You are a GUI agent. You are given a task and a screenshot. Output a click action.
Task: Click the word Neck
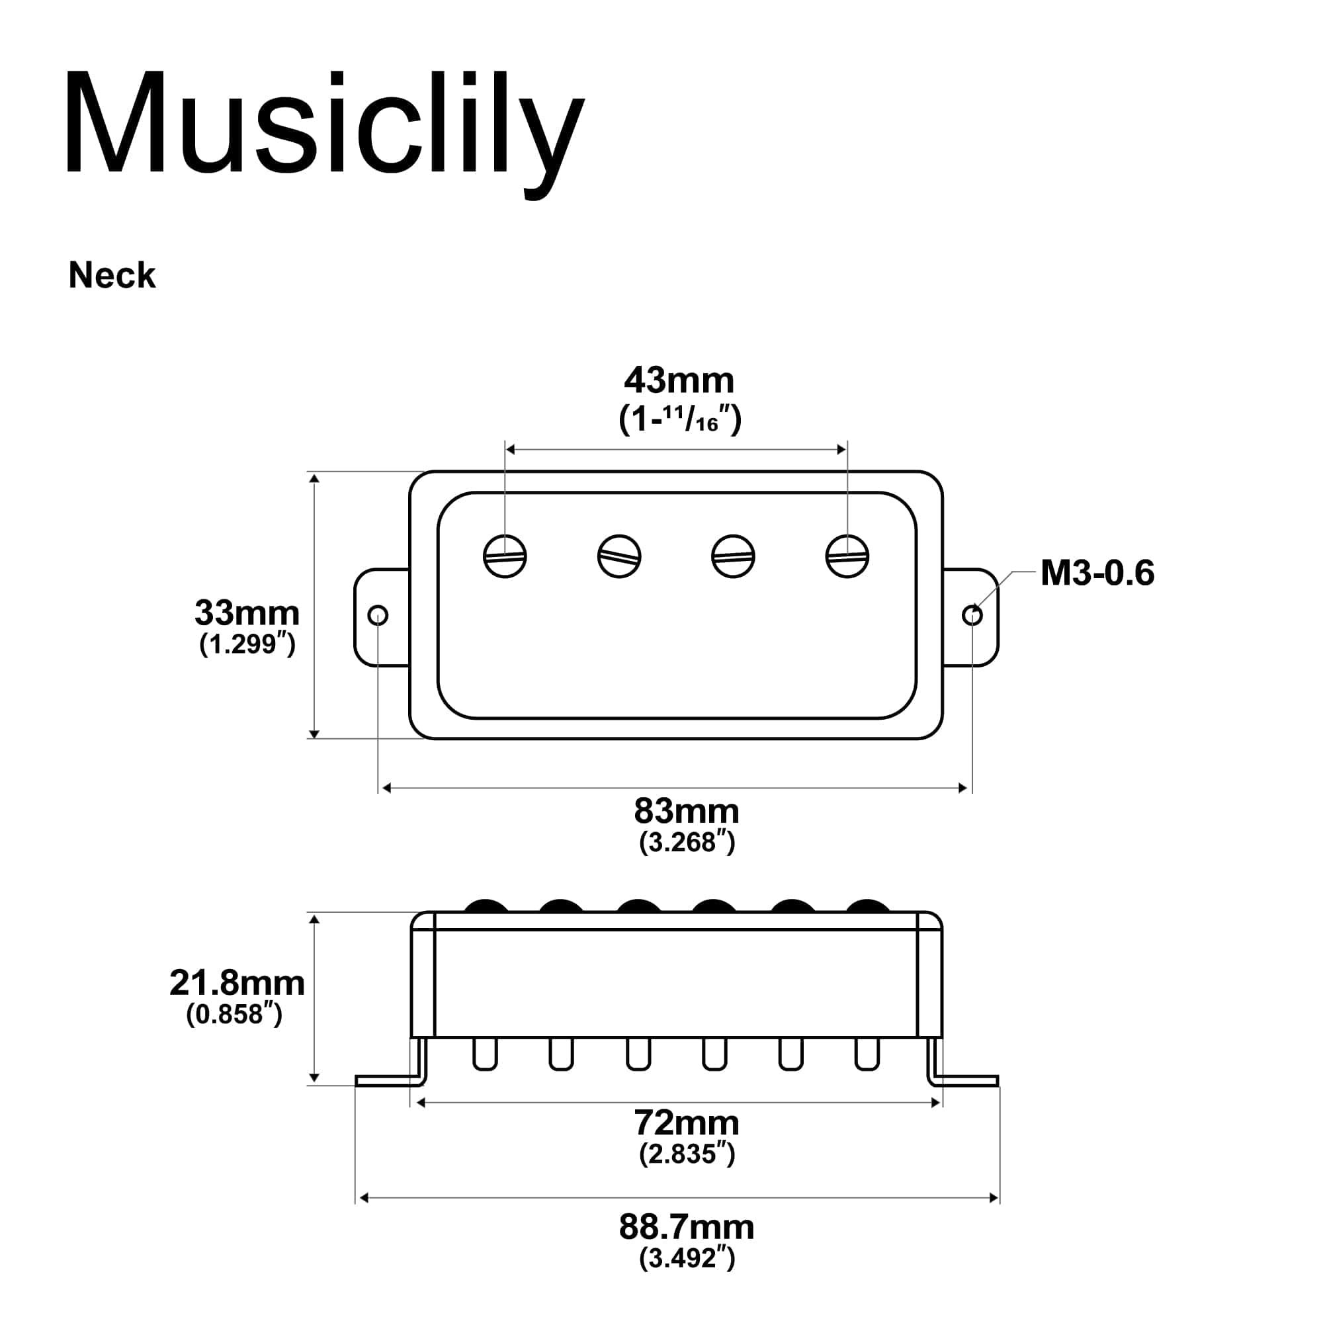(112, 276)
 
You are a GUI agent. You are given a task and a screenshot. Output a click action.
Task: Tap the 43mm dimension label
(679, 381)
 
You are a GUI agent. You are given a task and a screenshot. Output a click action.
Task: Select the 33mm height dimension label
(247, 613)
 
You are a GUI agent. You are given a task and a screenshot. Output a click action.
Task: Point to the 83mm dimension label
(686, 812)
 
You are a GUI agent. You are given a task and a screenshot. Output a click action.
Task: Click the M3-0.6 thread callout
(1096, 573)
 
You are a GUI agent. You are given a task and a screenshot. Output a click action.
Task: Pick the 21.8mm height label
(237, 984)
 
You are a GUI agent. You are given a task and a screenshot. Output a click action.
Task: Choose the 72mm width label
(686, 1123)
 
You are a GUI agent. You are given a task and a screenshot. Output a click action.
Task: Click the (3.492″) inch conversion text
(686, 1258)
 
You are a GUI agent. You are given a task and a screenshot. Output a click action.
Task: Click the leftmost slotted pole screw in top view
(505, 556)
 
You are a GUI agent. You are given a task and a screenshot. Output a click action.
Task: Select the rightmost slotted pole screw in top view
(847, 556)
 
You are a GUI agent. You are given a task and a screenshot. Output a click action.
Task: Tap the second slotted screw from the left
(619, 556)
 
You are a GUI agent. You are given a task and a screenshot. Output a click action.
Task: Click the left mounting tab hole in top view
(378, 616)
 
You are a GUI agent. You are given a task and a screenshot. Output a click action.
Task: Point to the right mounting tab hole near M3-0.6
(972, 616)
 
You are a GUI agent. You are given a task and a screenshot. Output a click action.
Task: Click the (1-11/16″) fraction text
(679, 419)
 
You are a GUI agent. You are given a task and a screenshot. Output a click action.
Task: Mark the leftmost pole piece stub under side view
(485, 1054)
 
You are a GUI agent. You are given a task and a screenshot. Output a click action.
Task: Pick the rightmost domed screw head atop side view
(868, 906)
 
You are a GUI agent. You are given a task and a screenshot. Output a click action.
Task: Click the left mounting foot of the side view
(387, 1081)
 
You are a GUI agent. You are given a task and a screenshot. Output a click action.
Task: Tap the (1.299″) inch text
(247, 644)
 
